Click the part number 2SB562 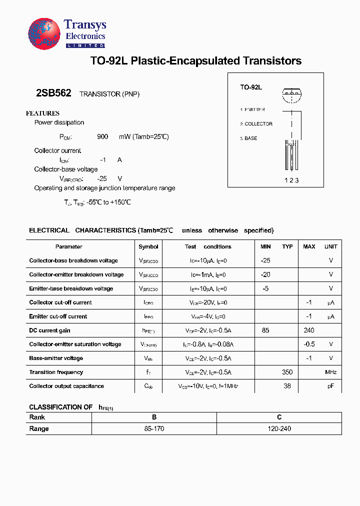pos(53,93)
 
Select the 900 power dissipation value pos(102,136)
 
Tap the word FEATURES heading pos(42,113)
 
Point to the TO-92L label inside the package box pos(251,87)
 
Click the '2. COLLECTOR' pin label pos(256,124)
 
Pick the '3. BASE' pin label pos(248,138)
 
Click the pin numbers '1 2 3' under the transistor pos(291,180)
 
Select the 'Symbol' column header pos(148,246)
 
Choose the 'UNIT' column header pos(331,246)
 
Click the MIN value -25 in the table pos(265,260)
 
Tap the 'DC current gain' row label pos(49,330)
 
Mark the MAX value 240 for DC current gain pos(309,330)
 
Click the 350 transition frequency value pos(287,372)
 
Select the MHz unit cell pos(331,372)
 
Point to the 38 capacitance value pos(287,386)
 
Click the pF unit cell pos(331,386)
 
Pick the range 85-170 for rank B pos(154,429)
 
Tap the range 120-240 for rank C pos(279,429)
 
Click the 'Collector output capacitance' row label pos(66,386)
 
